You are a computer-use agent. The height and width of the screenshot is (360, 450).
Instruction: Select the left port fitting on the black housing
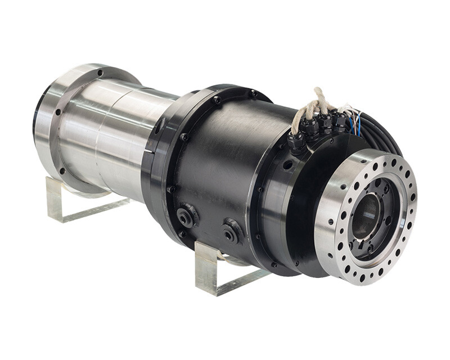[185, 217]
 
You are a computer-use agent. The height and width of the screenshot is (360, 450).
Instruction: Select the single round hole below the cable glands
[288, 165]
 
